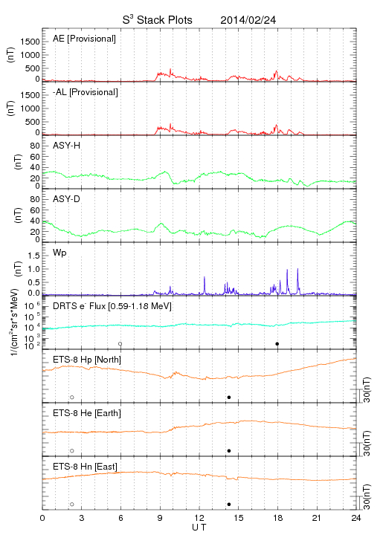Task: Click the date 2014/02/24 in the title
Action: click(248, 20)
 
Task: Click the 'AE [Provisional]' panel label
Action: click(84, 39)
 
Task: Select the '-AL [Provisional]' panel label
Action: click(86, 92)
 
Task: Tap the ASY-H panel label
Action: click(67, 146)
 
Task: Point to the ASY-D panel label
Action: click(67, 199)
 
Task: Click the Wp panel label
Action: click(59, 253)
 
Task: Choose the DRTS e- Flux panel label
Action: click(112, 305)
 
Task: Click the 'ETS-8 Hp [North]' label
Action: click(87, 360)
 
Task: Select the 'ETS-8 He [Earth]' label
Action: click(87, 413)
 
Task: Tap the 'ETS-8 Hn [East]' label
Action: click(85, 467)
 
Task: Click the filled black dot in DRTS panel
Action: click(277, 344)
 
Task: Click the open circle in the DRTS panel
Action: click(120, 344)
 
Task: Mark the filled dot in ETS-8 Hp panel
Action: click(229, 397)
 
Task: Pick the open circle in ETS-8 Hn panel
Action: click(72, 505)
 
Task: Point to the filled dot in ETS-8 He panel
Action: click(229, 451)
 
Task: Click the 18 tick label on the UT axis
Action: click(278, 518)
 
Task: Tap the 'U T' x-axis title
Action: click(199, 528)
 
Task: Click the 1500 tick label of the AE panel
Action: click(30, 42)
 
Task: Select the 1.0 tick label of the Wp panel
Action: click(33, 269)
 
